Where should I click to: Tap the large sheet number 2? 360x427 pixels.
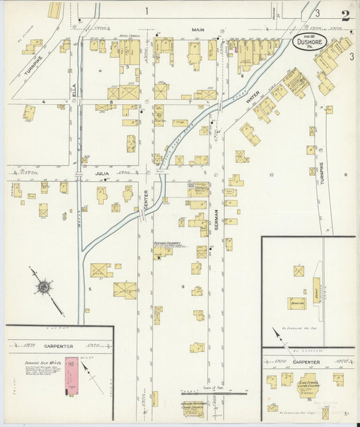coord(345,16)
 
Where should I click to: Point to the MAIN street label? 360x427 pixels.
coord(197,30)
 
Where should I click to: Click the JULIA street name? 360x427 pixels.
coord(101,174)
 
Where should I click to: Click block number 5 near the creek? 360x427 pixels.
coord(88,288)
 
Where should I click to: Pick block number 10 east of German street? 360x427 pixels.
coord(272,175)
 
